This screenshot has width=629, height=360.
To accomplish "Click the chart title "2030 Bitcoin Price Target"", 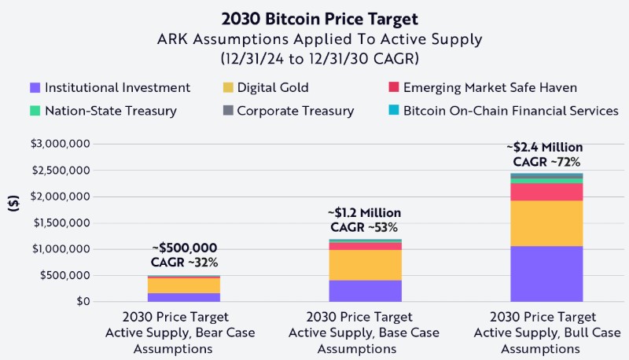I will [314, 17].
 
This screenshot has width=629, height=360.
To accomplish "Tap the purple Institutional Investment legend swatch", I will [34, 87].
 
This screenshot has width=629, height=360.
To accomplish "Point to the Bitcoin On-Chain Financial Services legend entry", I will [503, 111].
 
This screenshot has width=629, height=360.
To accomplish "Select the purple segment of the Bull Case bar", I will [546, 274].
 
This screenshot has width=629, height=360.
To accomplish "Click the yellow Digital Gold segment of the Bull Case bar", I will [546, 223].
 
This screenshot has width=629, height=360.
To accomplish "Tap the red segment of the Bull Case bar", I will [546, 192].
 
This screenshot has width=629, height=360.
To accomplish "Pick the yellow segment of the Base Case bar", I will [366, 265].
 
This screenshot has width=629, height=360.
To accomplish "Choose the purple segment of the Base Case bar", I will [366, 291].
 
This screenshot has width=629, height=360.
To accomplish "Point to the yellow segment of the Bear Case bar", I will [184, 285].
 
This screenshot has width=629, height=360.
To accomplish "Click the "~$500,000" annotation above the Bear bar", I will [184, 248].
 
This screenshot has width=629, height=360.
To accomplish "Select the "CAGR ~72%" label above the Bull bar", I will [546, 163].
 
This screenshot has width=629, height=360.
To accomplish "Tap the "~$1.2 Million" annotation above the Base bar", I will [366, 213].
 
